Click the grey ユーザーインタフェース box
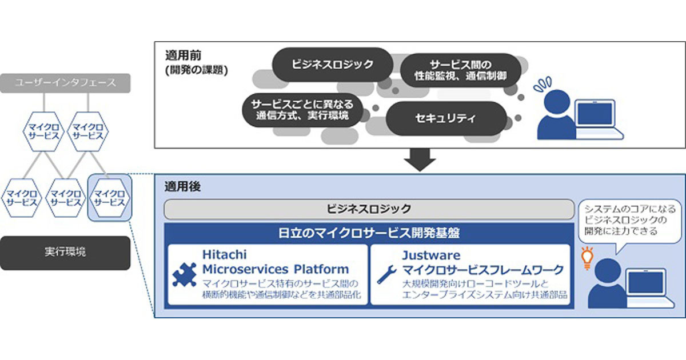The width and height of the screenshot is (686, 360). (65, 83)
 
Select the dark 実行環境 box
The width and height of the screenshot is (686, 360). (65, 253)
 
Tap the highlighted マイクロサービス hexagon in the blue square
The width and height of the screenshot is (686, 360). (110, 198)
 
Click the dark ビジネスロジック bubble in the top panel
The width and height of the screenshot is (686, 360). (333, 64)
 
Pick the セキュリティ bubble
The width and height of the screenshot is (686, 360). (446, 118)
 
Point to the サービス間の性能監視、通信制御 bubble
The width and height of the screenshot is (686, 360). (461, 70)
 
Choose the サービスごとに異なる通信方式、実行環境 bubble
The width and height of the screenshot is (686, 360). (302, 110)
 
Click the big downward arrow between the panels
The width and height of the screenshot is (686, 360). (420, 160)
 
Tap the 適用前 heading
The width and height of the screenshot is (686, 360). (183, 55)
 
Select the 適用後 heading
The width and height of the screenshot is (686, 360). (182, 186)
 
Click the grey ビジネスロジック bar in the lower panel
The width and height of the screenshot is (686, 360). (369, 209)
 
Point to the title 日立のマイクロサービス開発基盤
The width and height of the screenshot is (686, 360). (369, 233)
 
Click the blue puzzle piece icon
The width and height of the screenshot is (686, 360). (184, 275)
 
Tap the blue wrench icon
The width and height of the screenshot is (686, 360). (386, 274)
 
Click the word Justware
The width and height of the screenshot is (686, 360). (431, 255)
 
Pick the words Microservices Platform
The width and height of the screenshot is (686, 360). (276, 269)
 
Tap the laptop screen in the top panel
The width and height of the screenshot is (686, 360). (595, 113)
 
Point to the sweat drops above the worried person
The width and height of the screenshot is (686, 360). (543, 84)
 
